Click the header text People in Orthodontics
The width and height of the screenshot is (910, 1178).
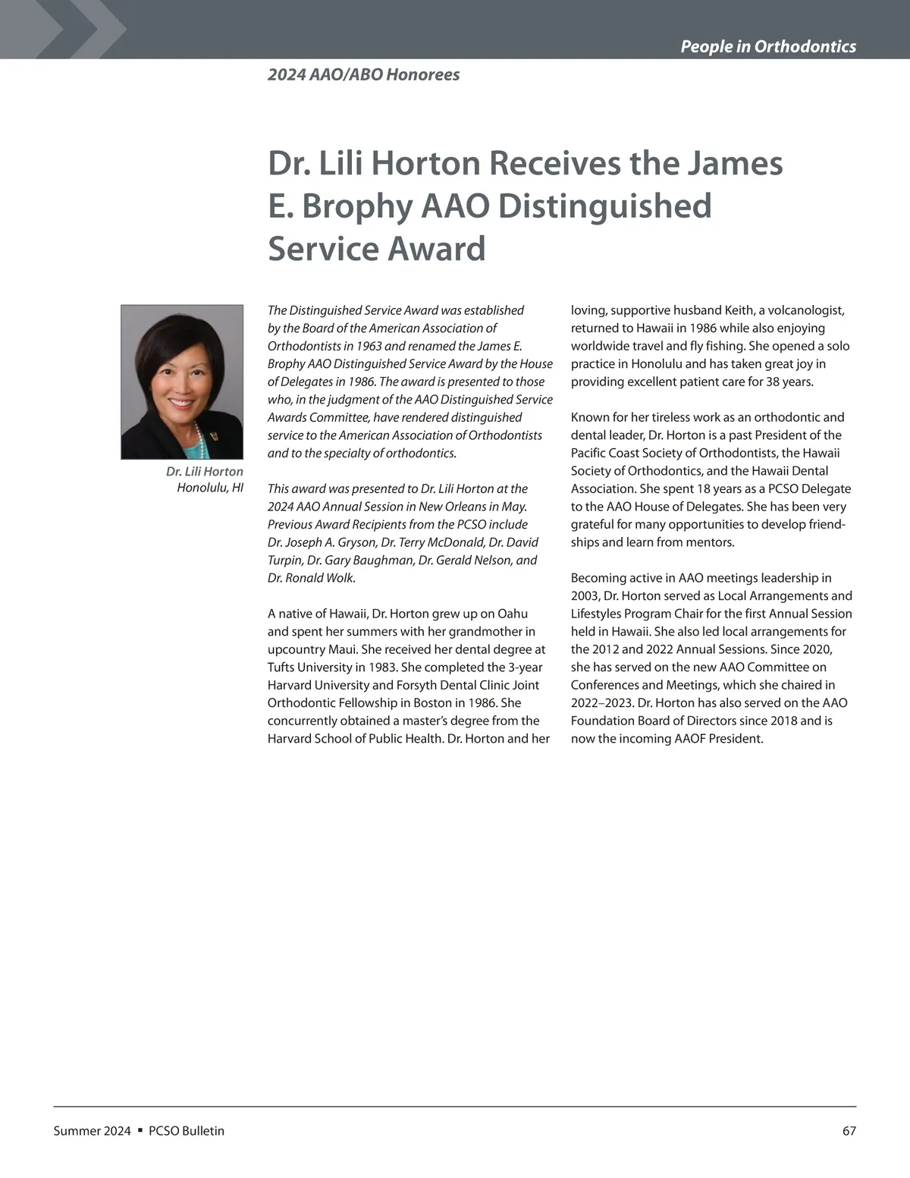[767, 46]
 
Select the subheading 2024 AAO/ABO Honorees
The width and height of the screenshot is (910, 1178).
[363, 74]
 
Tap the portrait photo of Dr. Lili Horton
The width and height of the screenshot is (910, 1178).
[182, 382]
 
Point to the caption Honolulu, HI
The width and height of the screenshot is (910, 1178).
[210, 488]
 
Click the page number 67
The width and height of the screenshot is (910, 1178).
[849, 1131]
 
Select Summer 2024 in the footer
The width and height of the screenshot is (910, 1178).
[92, 1131]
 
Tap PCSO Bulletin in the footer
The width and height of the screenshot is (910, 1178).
[187, 1131]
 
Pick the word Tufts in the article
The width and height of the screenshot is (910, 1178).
[282, 668]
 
